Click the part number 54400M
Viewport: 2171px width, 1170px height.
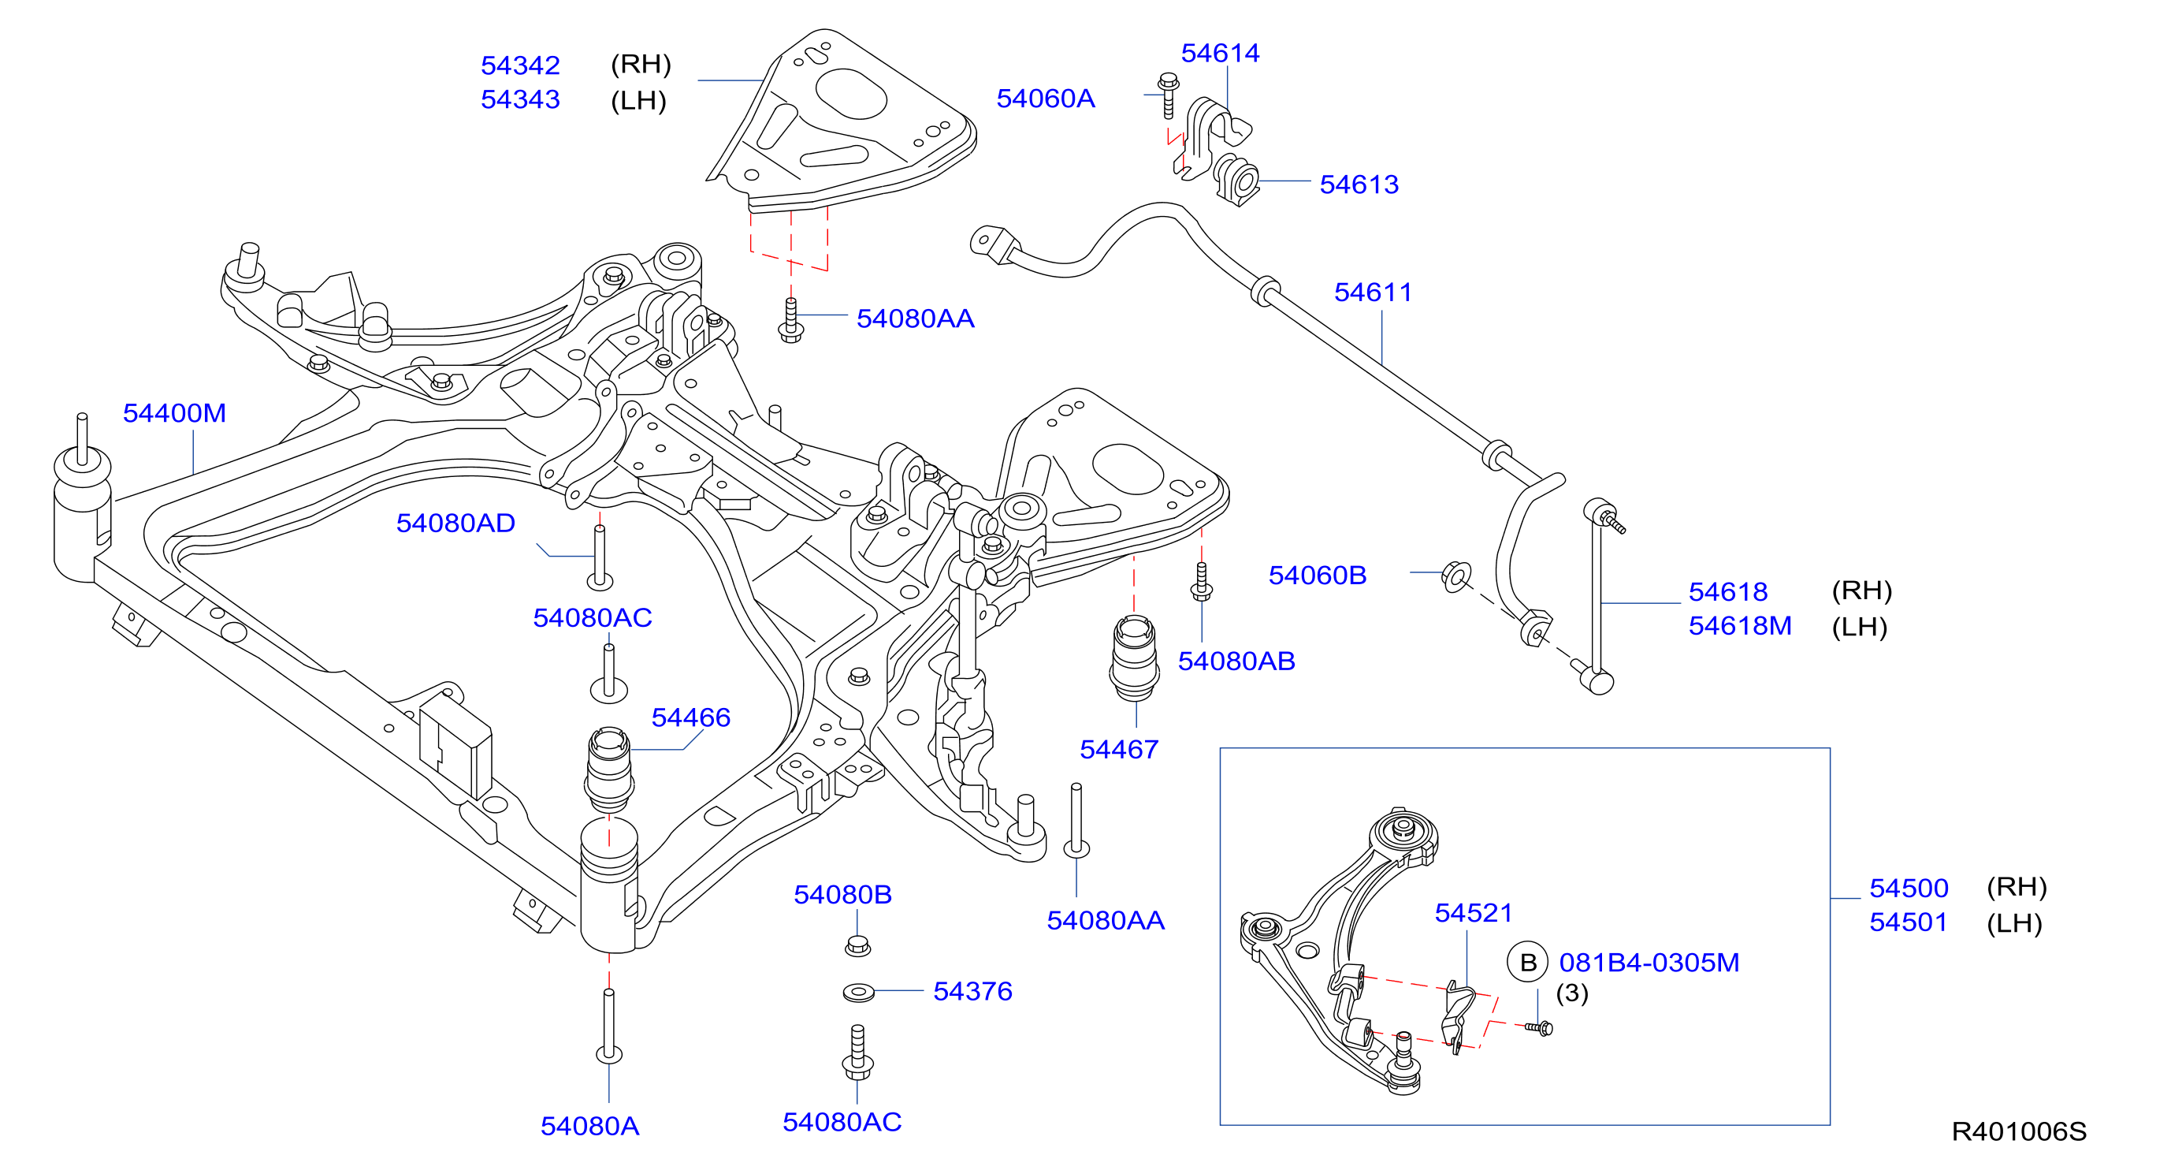pos(174,413)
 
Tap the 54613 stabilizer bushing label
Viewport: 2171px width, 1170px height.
pos(1359,184)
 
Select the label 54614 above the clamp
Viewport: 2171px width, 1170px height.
pos(1220,53)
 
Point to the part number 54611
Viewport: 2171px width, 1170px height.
pos(1373,292)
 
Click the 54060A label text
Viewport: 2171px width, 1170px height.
pos(1046,99)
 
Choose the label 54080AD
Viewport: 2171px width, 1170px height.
pos(456,523)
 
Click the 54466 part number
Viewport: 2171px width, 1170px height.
pos(691,717)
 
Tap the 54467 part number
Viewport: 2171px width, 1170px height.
pos(1119,749)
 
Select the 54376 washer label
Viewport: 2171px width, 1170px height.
pos(972,991)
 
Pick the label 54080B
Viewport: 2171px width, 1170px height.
pos(842,894)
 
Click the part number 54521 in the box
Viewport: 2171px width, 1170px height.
pos(1473,913)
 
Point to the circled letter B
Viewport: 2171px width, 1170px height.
pos(1528,963)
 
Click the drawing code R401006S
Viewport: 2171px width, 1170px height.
pos(2019,1131)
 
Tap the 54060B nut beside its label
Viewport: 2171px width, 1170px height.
pos(1455,576)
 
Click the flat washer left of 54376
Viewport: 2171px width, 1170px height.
pos(859,992)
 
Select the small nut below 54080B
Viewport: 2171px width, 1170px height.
pos(857,945)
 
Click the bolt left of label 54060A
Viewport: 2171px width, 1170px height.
pos(1168,95)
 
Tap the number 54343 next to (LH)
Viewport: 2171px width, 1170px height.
pos(520,99)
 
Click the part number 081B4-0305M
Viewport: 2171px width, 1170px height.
pos(1649,963)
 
